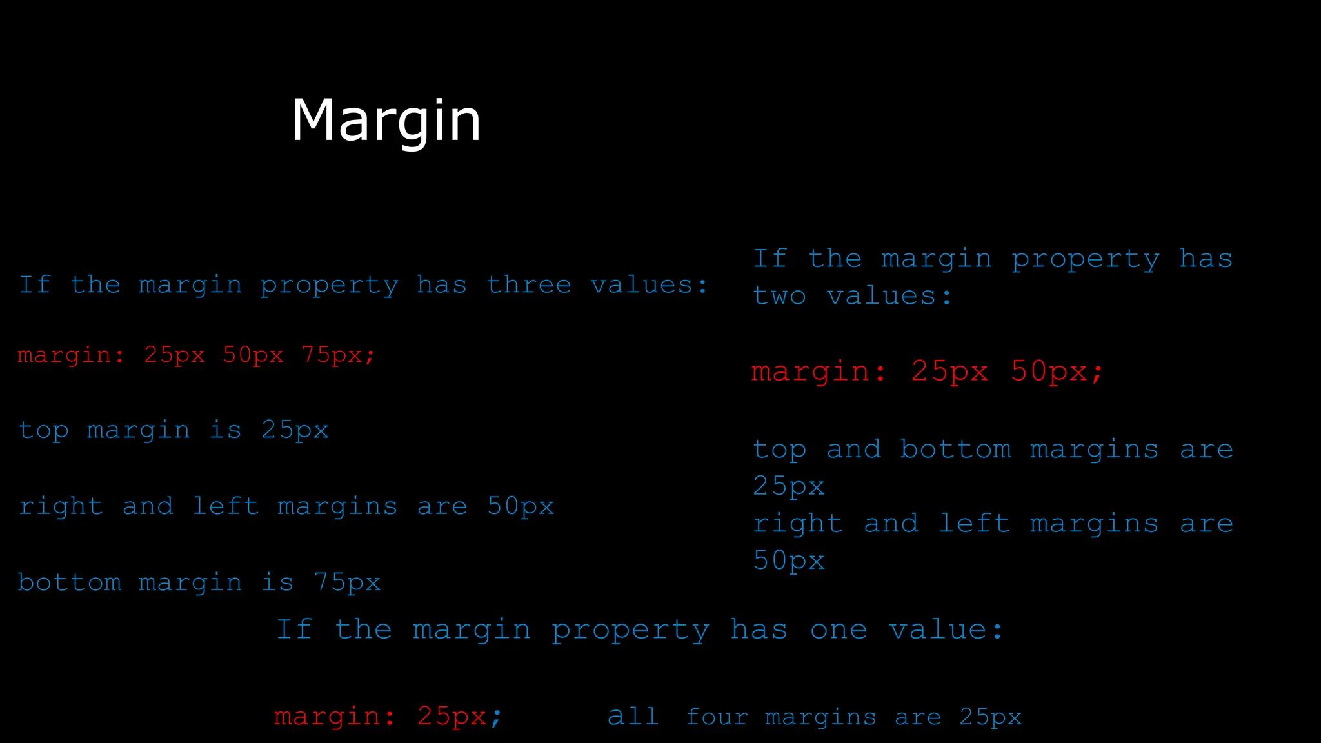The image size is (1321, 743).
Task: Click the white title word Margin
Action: (x=386, y=121)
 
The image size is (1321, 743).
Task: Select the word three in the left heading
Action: (x=529, y=284)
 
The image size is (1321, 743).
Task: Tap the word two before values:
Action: (x=779, y=296)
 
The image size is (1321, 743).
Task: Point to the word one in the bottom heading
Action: (x=839, y=629)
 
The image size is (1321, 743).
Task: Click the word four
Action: (x=717, y=717)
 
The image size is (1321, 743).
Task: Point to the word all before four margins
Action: (x=633, y=717)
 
